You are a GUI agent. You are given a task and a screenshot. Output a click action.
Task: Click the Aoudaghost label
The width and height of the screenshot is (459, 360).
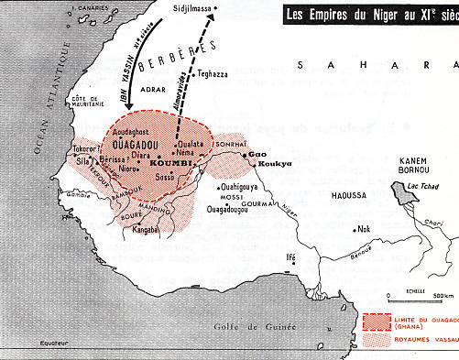(138, 133)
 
